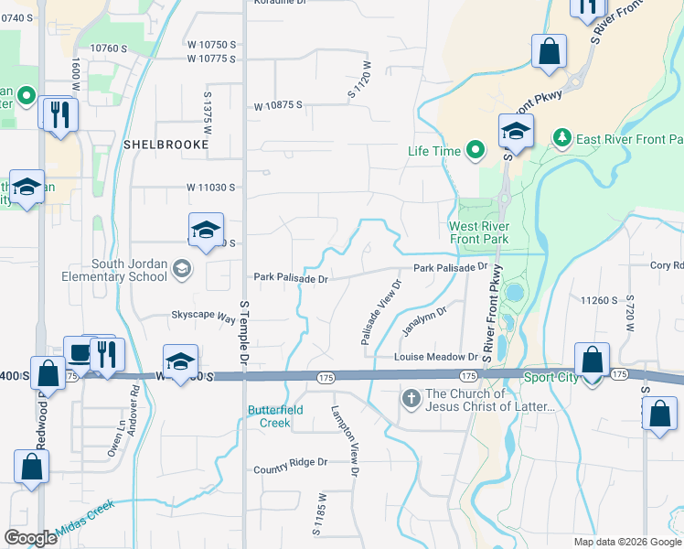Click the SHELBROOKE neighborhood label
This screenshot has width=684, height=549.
(x=157, y=145)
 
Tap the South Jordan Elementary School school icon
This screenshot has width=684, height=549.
(x=181, y=268)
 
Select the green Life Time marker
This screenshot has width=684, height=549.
(x=475, y=150)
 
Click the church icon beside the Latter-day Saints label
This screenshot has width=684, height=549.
(x=411, y=399)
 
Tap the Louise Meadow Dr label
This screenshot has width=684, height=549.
(x=436, y=357)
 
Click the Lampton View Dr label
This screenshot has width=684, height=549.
(x=347, y=440)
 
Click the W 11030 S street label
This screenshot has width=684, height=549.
(x=211, y=187)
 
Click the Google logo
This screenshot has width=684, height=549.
(x=30, y=538)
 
